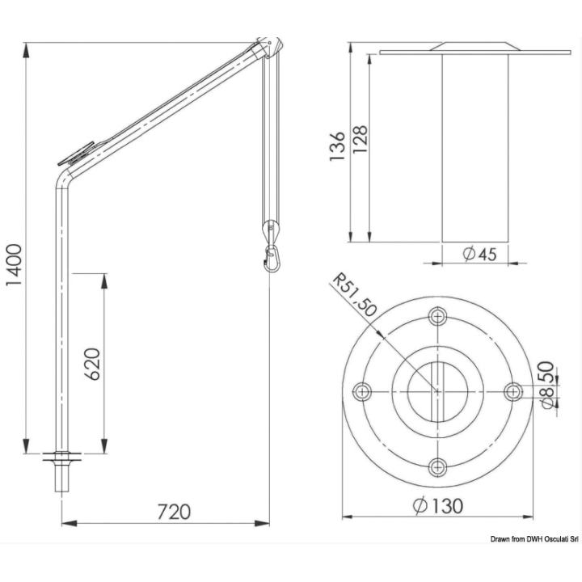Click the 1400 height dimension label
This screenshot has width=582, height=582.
(x=15, y=265)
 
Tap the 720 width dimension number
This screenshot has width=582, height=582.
(x=174, y=512)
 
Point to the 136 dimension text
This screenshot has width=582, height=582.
(x=337, y=145)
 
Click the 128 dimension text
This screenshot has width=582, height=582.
(x=360, y=140)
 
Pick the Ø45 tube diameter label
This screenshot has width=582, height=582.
(x=480, y=255)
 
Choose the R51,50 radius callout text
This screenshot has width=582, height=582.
(x=355, y=295)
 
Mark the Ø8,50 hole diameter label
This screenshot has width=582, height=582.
(x=548, y=385)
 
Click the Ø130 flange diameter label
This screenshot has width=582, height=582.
(x=438, y=505)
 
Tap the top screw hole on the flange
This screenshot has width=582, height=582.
(x=437, y=317)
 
